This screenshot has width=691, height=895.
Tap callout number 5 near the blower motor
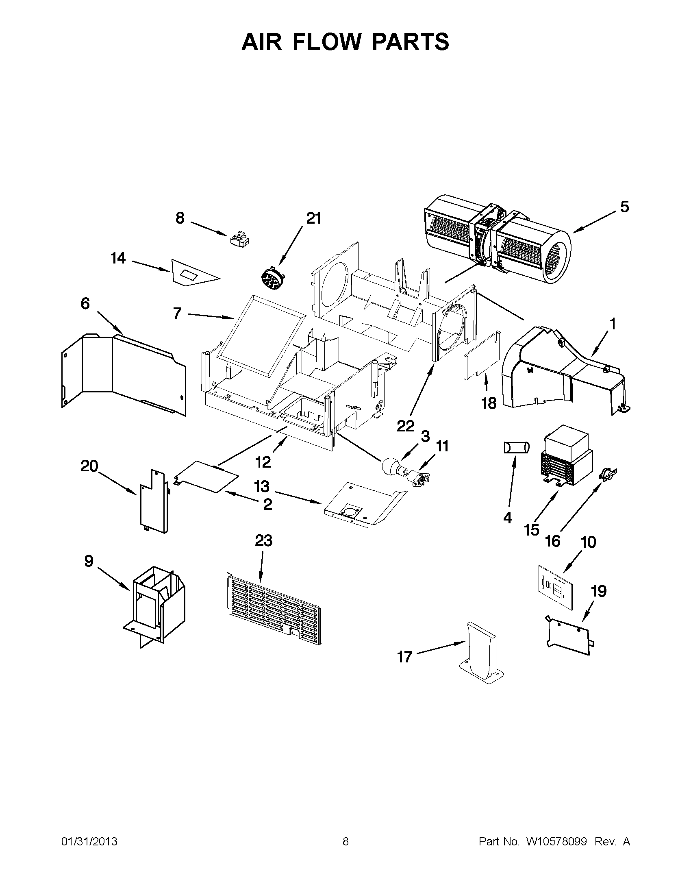pos(624,207)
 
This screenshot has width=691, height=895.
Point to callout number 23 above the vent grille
pos(263,541)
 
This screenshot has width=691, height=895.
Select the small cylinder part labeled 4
pos(517,447)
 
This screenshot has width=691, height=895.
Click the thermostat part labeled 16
pos(607,475)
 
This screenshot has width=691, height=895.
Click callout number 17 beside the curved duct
pos(404,657)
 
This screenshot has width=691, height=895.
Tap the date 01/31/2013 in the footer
pos(89,842)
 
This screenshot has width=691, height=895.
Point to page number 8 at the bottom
pos(345,842)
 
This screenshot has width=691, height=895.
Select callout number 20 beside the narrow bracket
pos(89,466)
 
